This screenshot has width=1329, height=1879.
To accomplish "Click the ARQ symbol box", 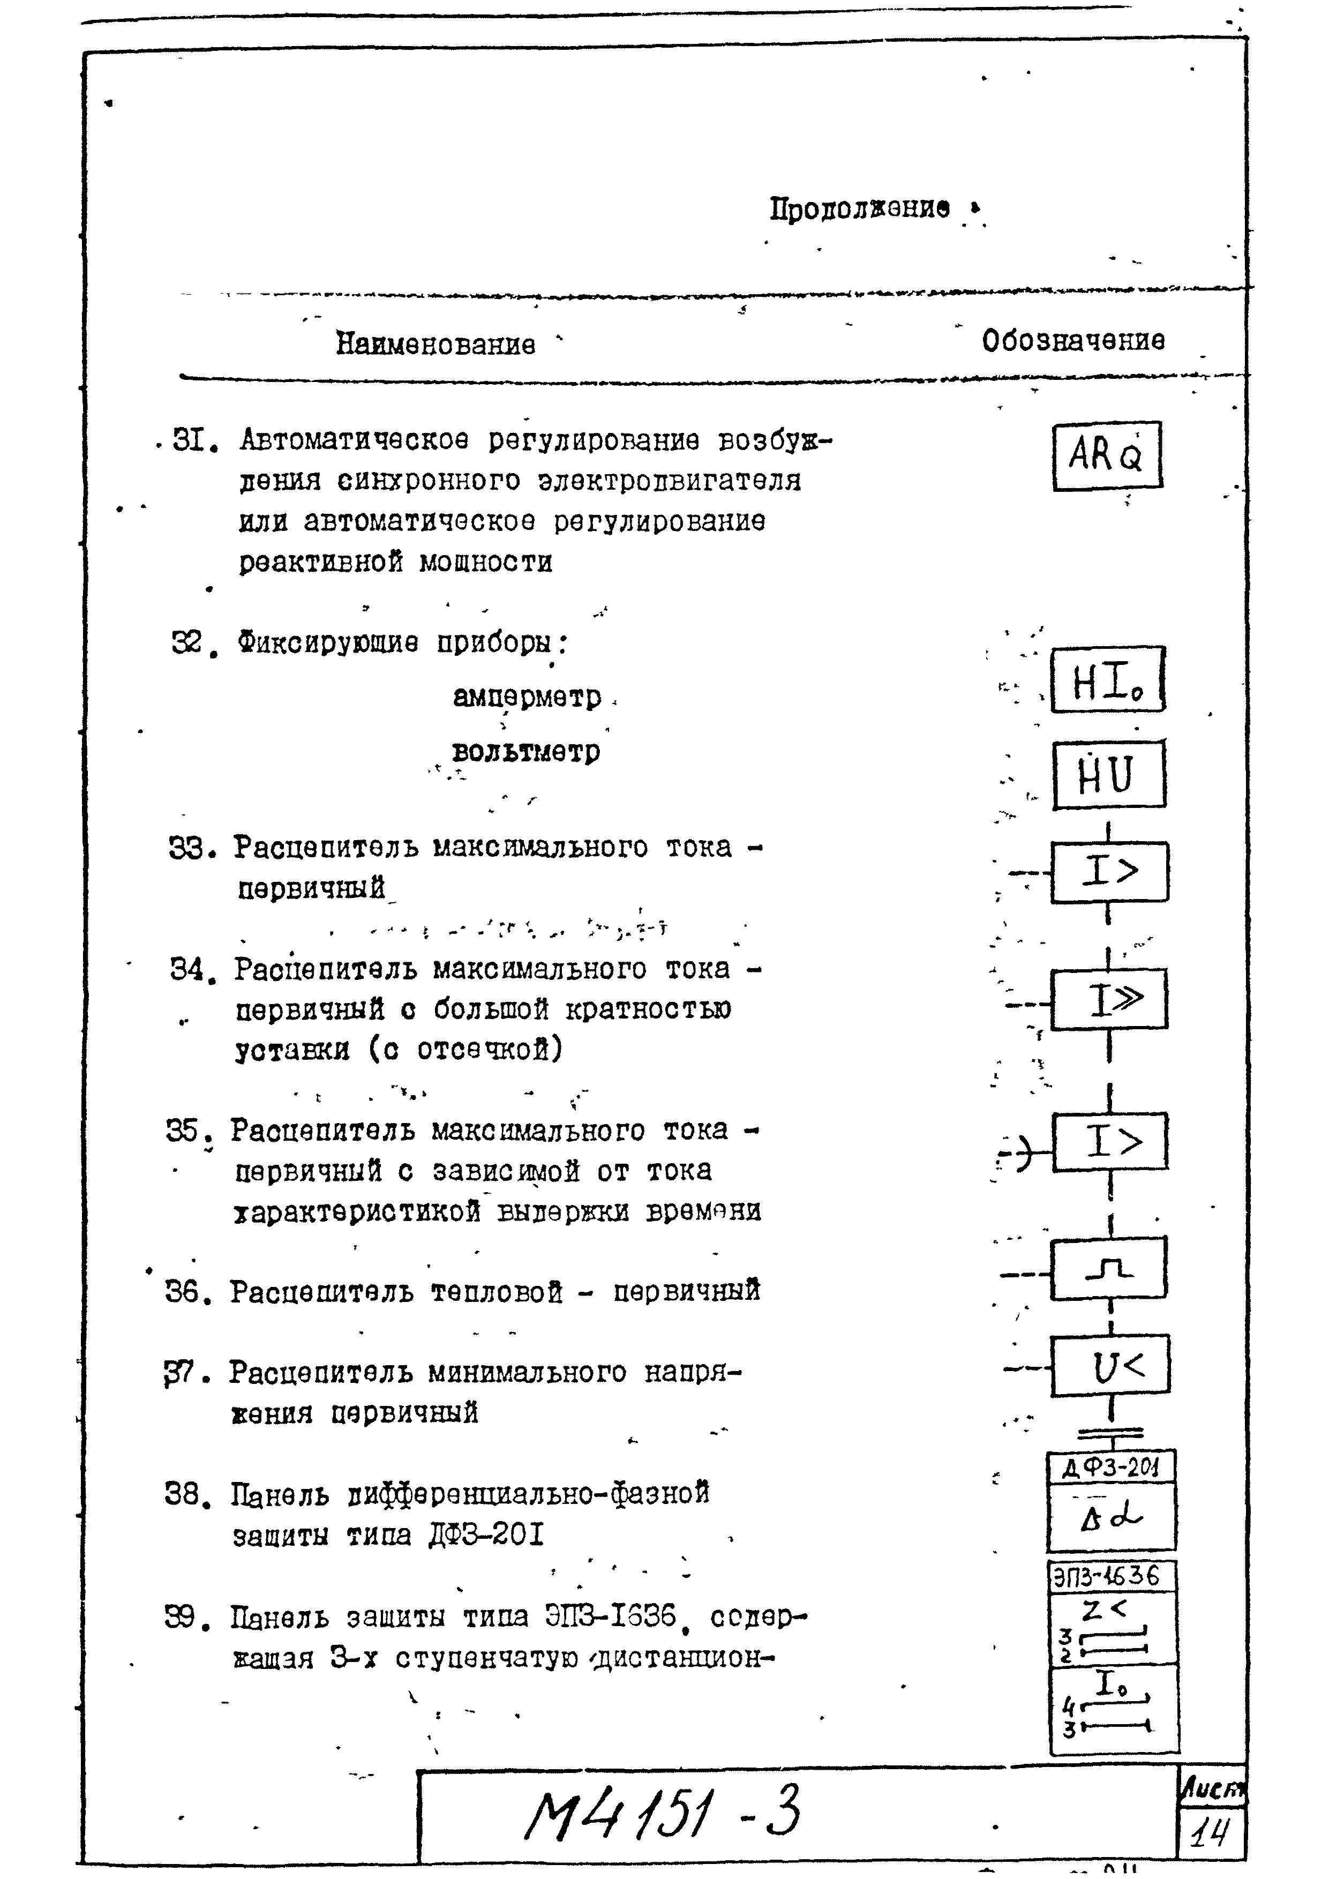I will coord(1106,456).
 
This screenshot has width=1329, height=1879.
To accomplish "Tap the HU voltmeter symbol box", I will coord(1108,775).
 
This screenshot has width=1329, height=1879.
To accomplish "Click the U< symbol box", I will coord(1110,1366).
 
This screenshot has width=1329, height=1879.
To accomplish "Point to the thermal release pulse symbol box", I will coord(1109,1269).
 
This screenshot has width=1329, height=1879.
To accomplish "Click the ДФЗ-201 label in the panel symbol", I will coord(1110,1468).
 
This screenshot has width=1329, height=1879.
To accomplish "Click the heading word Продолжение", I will coord(859,209).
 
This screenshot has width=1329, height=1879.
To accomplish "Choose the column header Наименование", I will coord(436,344).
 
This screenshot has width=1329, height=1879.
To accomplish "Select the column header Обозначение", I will coord(1073,340).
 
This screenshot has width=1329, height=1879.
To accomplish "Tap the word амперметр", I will coord(527,697).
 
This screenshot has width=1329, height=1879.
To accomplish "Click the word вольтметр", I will coord(525,751).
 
